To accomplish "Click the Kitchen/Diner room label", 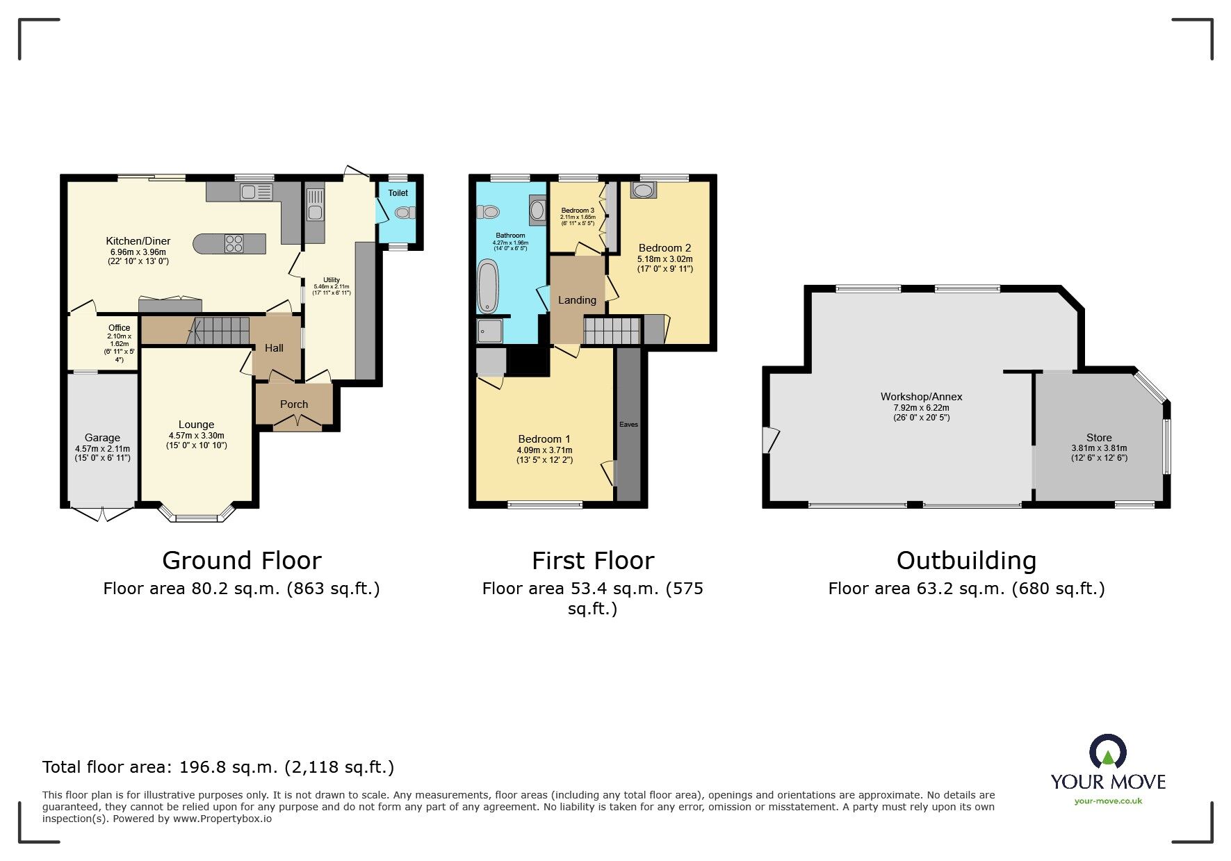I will [138, 241].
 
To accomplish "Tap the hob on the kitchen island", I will [234, 243].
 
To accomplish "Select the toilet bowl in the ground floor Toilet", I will [402, 213].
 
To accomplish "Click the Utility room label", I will [332, 280].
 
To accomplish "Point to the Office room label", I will [119, 328].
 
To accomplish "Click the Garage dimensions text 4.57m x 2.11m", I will [102, 449].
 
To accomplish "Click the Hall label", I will [274, 348].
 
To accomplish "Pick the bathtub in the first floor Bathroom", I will [488, 286].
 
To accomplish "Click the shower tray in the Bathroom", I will [490, 331].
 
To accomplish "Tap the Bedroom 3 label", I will [578, 211].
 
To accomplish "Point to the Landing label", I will [577, 300].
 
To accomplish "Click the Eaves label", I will [628, 425].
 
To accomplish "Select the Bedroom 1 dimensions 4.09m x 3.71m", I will [544, 450].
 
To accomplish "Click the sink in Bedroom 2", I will [643, 190].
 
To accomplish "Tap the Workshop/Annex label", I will [921, 397].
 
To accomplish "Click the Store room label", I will [1099, 438].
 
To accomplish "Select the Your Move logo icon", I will [1107, 753].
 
